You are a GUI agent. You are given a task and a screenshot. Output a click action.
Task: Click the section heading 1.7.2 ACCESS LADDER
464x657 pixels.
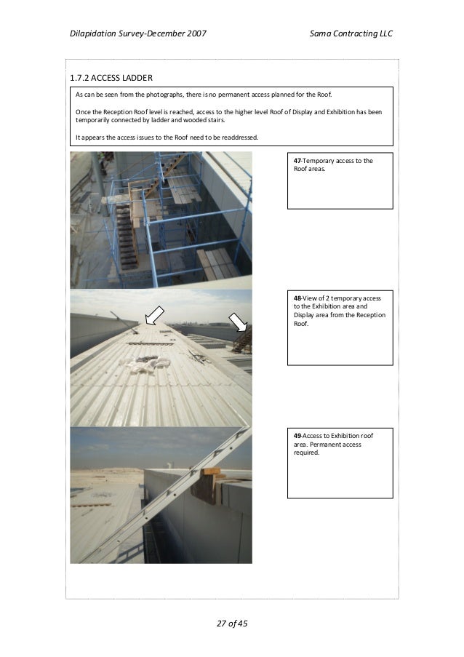click(111, 78)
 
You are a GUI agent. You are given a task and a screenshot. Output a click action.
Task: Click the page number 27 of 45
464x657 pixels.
click(232, 624)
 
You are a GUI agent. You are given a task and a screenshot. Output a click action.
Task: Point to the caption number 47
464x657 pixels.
click(297, 161)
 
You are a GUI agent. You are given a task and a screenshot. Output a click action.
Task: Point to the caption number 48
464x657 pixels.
click(297, 298)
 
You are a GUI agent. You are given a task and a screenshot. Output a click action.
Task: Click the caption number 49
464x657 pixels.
click(297, 435)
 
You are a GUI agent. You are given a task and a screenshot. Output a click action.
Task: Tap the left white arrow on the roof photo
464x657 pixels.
click(154, 314)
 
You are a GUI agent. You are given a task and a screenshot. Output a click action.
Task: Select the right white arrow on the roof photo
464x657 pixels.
click(238, 321)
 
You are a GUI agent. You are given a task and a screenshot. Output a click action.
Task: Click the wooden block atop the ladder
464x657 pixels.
click(212, 474)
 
